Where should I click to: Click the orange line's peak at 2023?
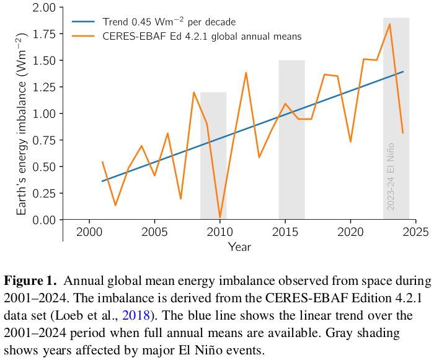point(389,24)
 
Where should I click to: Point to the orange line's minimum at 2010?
point(220,218)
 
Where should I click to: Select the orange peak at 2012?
point(246,73)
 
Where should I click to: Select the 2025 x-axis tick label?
point(416,232)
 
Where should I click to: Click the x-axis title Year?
point(239,247)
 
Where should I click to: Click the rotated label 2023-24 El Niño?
point(391,177)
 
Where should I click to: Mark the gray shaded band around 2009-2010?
point(213,155)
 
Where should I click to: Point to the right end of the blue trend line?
point(403,71)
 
